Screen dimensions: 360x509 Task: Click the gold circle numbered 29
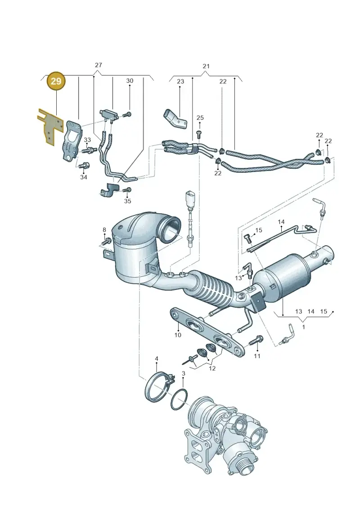pyautogui.click(x=56, y=81)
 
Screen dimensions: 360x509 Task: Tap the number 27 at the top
pyautogui.click(x=99, y=65)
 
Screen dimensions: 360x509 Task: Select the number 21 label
pyautogui.click(x=206, y=66)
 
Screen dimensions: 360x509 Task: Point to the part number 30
pyautogui.click(x=130, y=81)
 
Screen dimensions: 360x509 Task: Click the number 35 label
pyautogui.click(x=127, y=201)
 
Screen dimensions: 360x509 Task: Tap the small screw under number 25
pyautogui.click(x=199, y=133)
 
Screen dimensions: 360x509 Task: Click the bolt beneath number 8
pyautogui.click(x=106, y=242)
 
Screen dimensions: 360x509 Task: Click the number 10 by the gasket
pyautogui.click(x=178, y=335)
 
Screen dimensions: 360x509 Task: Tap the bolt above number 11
pyautogui.click(x=256, y=341)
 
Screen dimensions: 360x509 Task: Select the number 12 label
pyautogui.click(x=212, y=369)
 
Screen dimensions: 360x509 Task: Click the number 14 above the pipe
pyautogui.click(x=281, y=222)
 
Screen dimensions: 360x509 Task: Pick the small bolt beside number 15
pyautogui.click(x=248, y=239)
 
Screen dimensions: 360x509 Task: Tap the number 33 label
pyautogui.click(x=87, y=140)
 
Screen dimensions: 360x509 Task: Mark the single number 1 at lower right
pyautogui.click(x=303, y=327)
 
